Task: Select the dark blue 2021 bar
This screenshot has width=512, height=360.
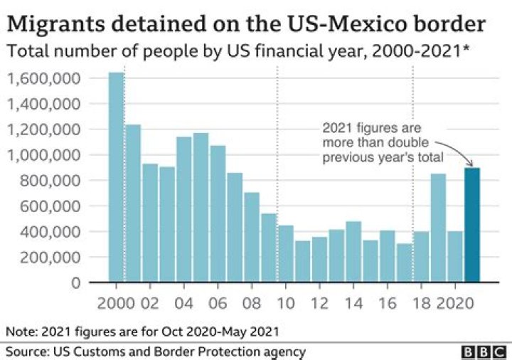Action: (x=471, y=224)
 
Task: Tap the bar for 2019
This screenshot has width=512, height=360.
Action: (x=438, y=228)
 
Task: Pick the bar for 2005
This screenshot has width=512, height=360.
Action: (x=201, y=207)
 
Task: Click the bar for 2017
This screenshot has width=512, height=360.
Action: (x=405, y=263)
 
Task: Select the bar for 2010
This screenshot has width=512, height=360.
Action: (x=286, y=253)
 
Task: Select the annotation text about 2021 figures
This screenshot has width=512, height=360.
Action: (x=381, y=143)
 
